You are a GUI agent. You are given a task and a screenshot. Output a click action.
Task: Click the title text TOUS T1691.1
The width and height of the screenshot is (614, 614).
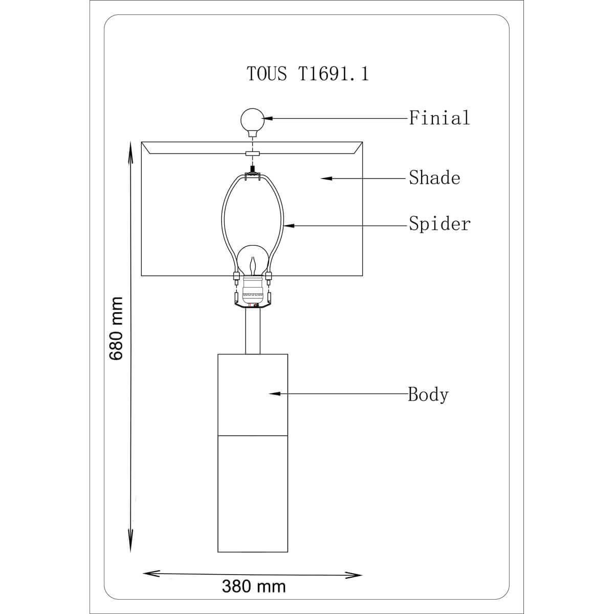(308, 74)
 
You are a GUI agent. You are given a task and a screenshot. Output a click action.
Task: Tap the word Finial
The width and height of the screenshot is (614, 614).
(440, 118)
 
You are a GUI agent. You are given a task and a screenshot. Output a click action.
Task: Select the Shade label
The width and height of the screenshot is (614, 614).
(434, 178)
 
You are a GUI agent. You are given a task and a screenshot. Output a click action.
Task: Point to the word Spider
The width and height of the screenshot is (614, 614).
(440, 224)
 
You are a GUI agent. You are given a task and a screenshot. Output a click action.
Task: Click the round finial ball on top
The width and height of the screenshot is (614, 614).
(252, 120)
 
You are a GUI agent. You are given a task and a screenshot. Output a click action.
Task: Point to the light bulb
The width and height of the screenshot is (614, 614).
(253, 261)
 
